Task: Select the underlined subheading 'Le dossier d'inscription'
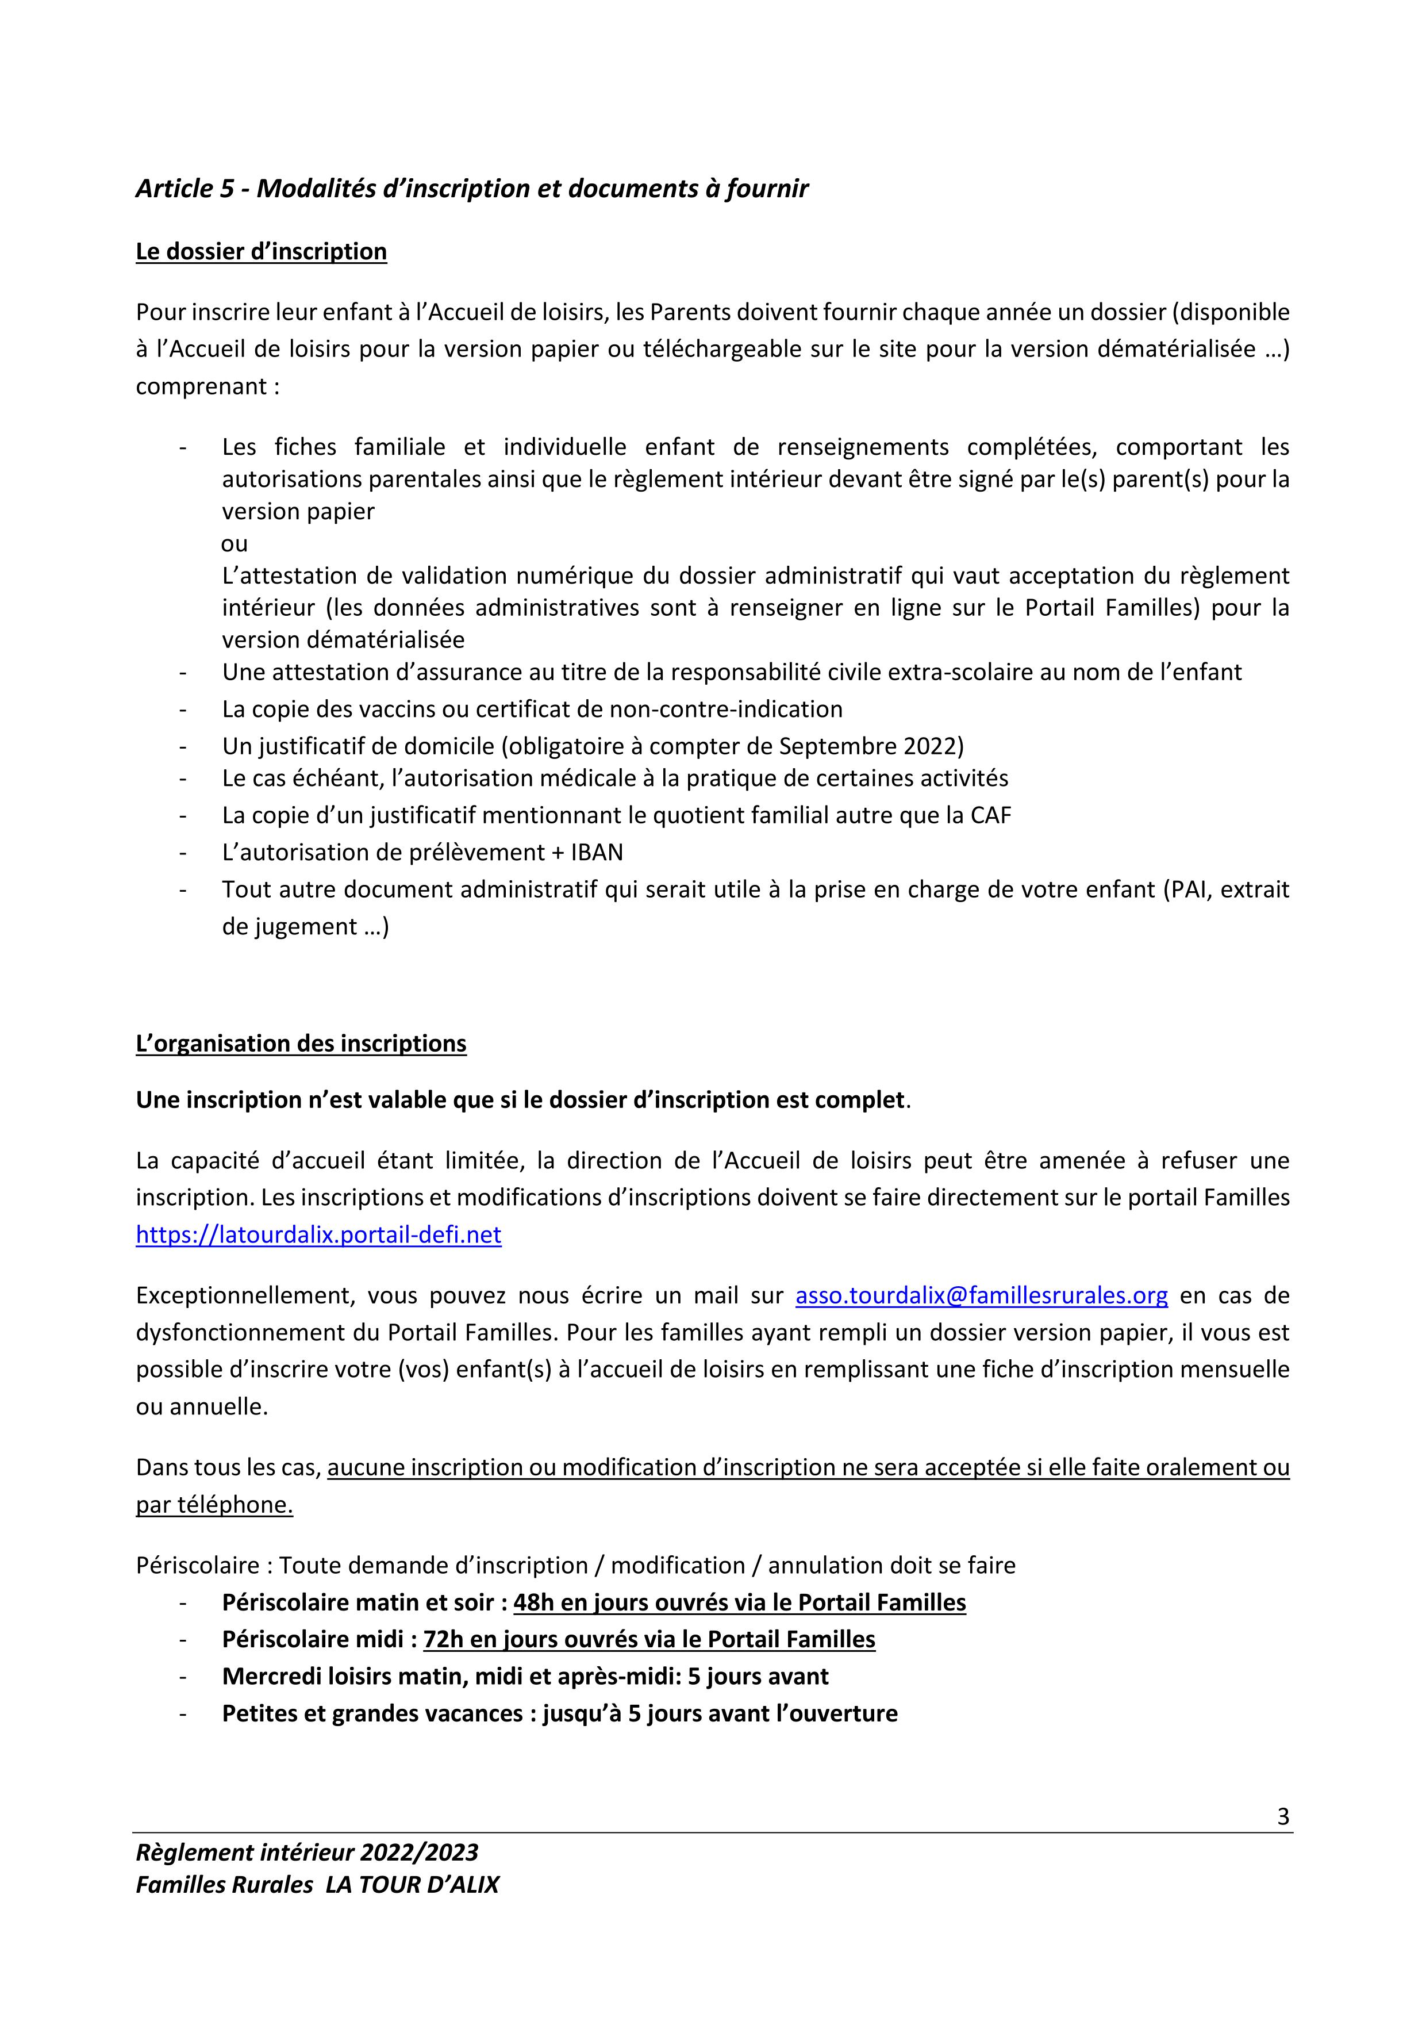pyautogui.click(x=261, y=252)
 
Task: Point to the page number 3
pyautogui.click(x=1283, y=1817)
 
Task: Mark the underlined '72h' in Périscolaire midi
pyautogui.click(x=443, y=1640)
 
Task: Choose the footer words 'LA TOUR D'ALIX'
pyautogui.click(x=412, y=1885)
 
